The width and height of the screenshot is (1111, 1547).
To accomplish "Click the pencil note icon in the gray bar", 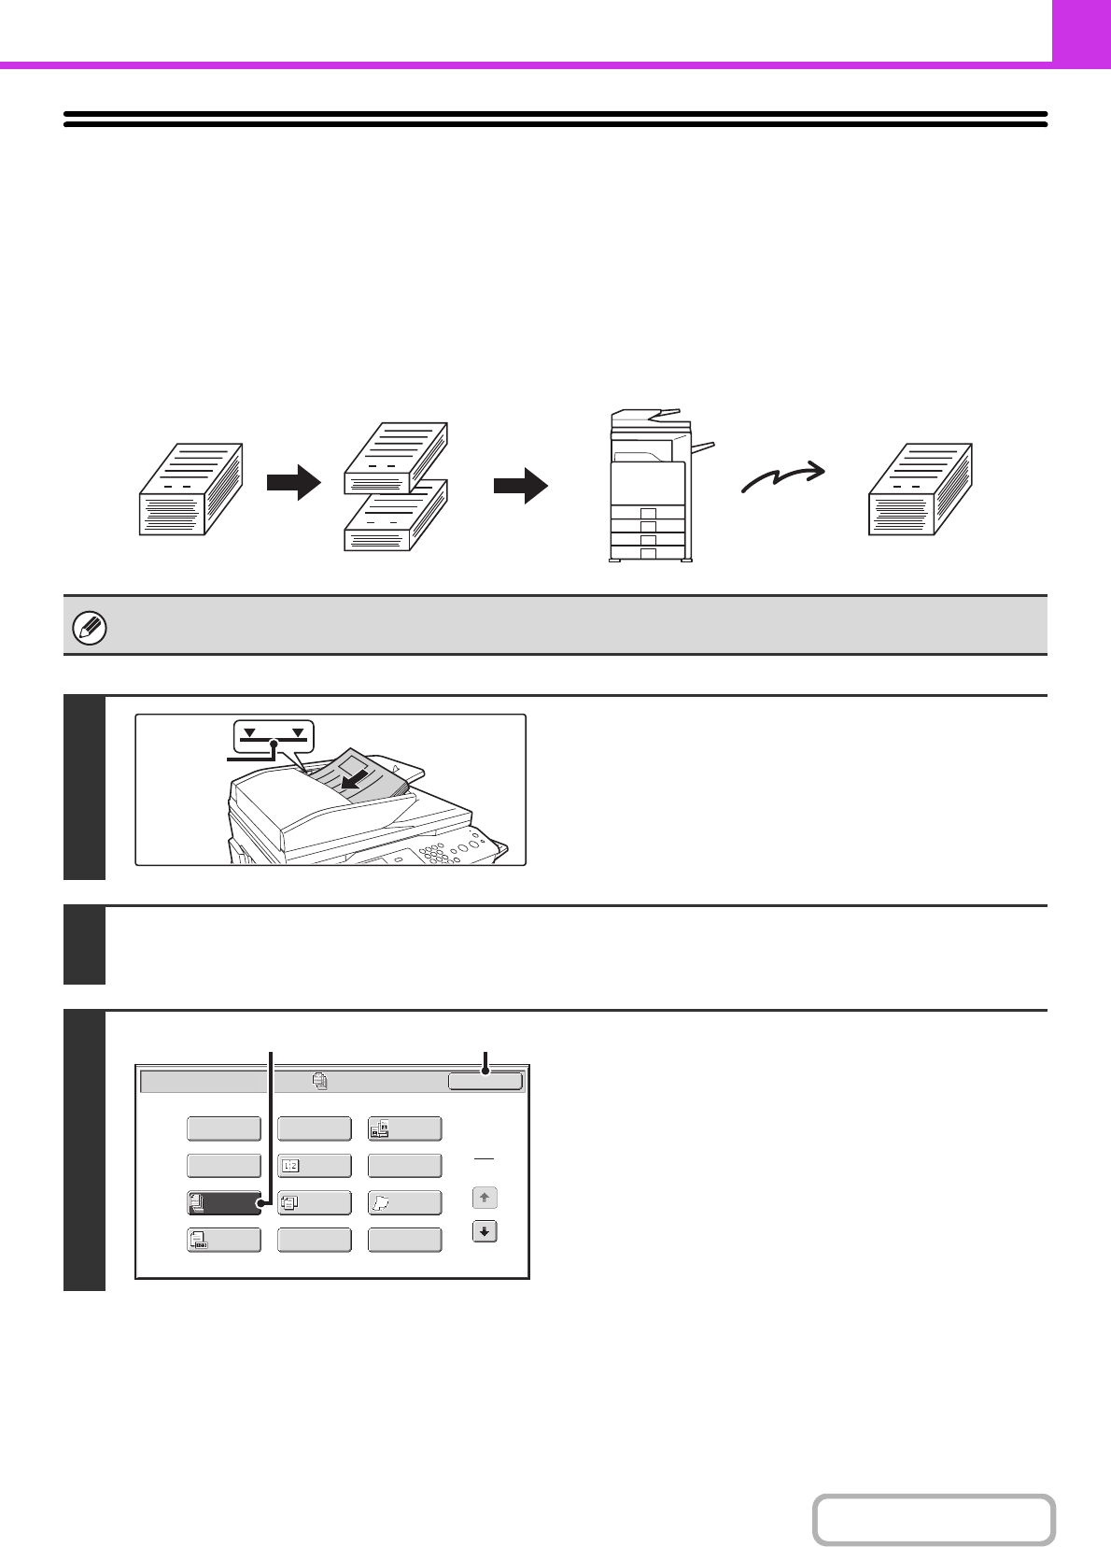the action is tap(90, 628).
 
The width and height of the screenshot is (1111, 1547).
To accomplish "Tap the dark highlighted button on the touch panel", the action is tap(224, 1203).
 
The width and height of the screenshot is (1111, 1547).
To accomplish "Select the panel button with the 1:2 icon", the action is tap(315, 1166).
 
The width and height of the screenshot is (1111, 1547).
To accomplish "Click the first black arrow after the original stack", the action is tap(293, 483).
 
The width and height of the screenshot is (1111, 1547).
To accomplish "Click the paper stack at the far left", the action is tap(191, 490).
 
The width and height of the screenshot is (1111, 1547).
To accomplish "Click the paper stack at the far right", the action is tap(921, 490).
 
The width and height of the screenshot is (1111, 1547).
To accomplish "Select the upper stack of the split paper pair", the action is tap(396, 458).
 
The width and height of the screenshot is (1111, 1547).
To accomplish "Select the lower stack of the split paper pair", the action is tap(396, 517).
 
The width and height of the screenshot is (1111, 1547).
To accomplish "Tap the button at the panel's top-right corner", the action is tap(485, 1081).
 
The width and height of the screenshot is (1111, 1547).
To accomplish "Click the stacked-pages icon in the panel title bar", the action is tap(320, 1081).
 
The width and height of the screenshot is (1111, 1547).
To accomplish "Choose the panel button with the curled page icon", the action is tap(405, 1203).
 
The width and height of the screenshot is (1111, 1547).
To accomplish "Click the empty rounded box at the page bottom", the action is tap(934, 1519).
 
